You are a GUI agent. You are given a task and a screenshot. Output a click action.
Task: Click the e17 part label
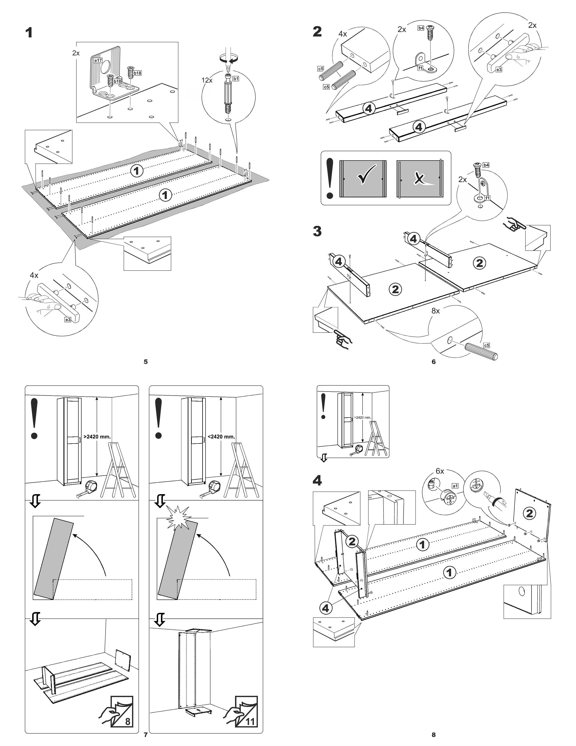[98, 60]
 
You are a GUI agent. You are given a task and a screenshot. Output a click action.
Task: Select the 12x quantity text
[207, 80]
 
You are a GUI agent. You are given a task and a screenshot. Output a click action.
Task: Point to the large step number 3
[317, 231]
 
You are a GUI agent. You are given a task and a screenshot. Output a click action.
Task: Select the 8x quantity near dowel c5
[436, 311]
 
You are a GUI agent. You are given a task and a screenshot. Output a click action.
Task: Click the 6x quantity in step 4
[440, 471]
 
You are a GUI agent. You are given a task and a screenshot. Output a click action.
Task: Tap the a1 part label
[455, 485]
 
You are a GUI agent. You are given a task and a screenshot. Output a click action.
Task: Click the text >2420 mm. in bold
[97, 437]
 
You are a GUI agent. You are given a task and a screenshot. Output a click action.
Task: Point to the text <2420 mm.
[221, 437]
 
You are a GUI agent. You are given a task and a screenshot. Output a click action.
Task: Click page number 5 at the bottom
[146, 362]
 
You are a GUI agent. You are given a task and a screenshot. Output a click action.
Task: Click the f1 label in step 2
[420, 68]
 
